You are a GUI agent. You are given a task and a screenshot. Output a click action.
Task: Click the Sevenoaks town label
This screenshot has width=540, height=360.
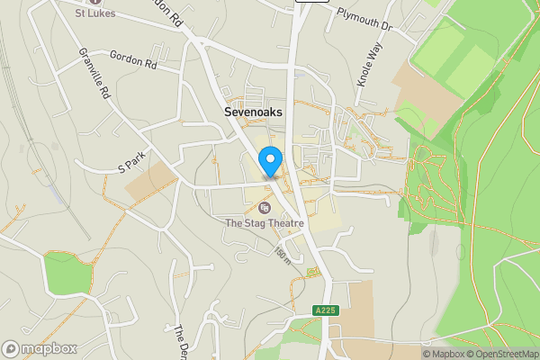[x=253, y=112]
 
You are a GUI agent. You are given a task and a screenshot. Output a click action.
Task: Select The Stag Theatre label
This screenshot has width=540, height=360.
[x=264, y=222]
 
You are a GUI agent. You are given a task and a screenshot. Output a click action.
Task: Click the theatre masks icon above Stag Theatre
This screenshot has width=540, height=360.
[x=264, y=208]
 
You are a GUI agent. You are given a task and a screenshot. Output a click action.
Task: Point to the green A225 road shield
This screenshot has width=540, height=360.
[x=325, y=310]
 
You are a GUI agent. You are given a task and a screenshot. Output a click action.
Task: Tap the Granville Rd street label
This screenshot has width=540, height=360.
[x=94, y=74]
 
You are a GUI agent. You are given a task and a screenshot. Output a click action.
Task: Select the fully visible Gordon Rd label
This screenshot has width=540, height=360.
[x=133, y=59]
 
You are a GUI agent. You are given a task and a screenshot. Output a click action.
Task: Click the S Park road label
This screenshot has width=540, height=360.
[x=131, y=162]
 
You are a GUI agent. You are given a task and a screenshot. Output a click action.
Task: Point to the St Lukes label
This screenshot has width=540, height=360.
[x=93, y=13]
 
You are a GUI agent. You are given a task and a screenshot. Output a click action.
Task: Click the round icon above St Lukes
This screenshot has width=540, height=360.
[x=93, y=2]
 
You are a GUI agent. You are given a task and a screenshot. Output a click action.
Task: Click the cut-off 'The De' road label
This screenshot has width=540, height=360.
[x=179, y=342]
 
